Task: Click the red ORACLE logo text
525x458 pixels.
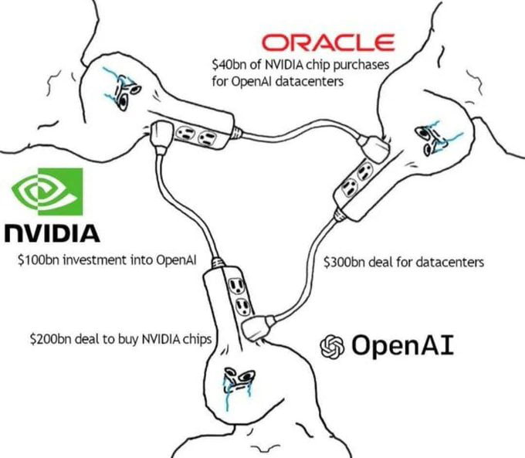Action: point(328,42)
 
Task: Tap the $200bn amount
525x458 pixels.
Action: point(48,338)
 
